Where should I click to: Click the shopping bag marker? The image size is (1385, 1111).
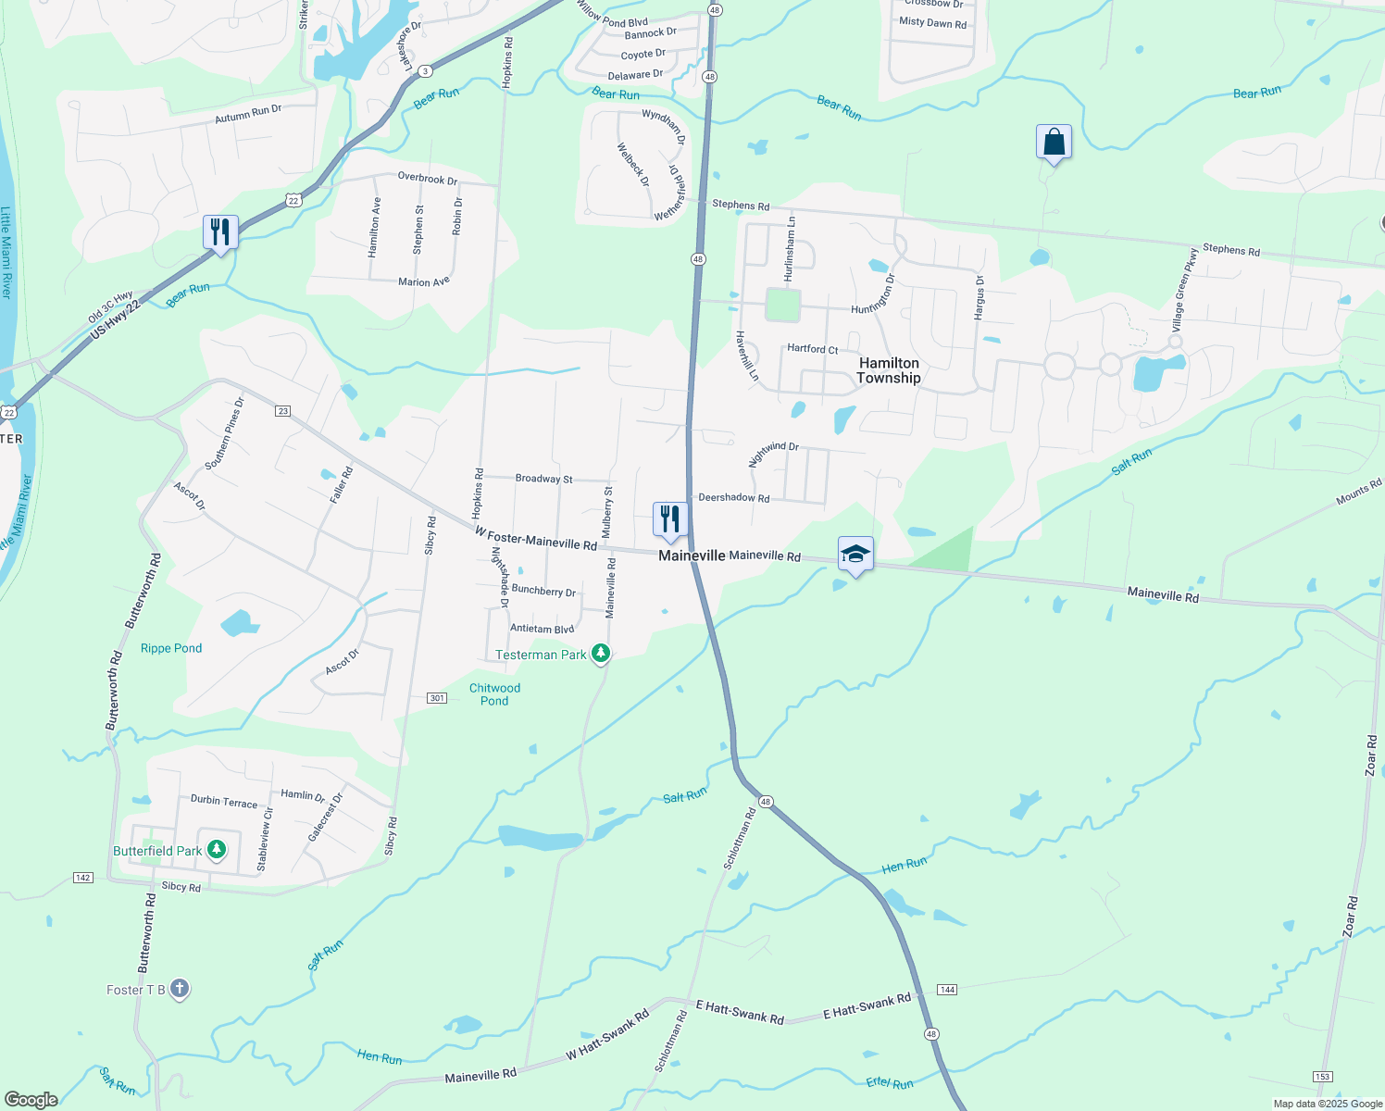point(1054,143)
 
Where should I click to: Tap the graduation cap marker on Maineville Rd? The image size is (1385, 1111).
point(855,555)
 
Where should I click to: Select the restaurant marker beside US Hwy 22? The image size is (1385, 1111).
point(220,231)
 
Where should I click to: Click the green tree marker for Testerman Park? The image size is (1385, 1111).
point(601,654)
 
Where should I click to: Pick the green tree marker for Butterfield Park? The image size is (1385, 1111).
point(217,850)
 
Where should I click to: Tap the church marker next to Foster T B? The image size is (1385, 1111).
point(180,989)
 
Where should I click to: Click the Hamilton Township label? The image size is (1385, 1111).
point(889,370)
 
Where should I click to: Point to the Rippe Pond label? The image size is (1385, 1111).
point(171,648)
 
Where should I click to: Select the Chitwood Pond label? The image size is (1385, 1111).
point(494,694)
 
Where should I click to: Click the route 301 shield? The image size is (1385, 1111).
point(438,697)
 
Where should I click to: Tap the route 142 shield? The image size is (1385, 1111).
point(83,877)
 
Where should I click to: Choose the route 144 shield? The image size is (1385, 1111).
point(946,990)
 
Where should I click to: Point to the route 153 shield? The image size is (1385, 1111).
point(1322,1075)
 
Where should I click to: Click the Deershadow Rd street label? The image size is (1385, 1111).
point(733,498)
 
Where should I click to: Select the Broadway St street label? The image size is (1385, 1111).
point(543,479)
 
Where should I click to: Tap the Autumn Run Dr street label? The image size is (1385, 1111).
point(248,114)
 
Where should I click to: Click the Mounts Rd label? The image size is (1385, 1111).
point(1358,493)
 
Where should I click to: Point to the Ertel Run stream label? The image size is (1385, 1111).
point(890,1082)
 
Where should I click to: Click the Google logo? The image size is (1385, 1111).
point(31,1099)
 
